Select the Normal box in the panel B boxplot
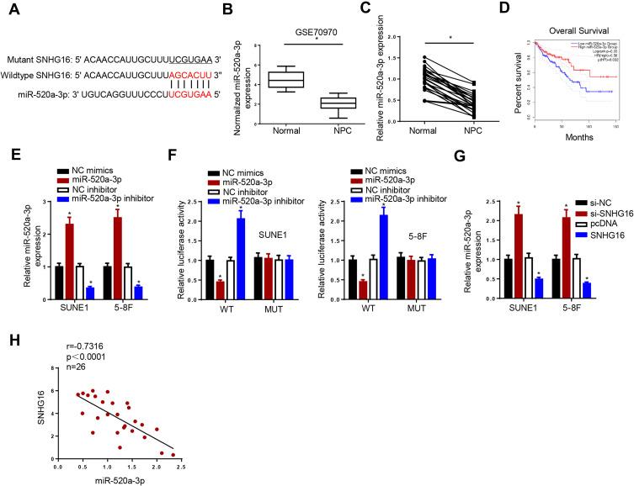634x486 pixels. click(x=285, y=80)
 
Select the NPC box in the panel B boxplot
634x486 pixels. click(x=345, y=103)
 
